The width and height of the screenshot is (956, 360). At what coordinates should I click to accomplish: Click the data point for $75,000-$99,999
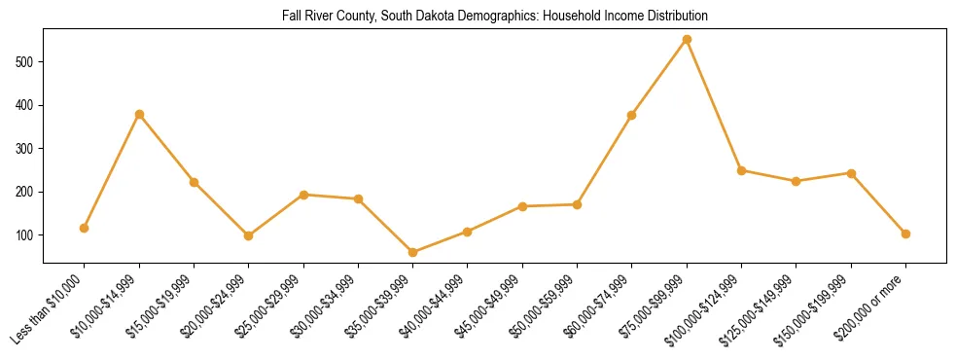click(687, 40)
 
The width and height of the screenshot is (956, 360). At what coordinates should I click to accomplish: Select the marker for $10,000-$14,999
click(139, 115)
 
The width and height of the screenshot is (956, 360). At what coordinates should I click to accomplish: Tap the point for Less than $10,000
click(85, 228)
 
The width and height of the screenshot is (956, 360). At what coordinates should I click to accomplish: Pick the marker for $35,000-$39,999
click(413, 252)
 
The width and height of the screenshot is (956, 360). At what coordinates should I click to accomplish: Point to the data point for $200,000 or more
click(905, 234)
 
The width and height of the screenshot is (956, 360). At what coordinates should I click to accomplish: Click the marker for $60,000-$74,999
click(632, 115)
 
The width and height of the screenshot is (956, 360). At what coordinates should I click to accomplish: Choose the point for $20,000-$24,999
click(249, 235)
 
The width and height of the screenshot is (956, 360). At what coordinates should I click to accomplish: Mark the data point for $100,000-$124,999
click(741, 170)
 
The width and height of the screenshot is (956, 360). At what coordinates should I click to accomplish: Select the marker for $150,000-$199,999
click(851, 173)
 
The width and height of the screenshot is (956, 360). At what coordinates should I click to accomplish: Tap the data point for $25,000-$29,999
click(303, 195)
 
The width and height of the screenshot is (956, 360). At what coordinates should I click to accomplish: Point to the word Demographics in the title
click(460, 17)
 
